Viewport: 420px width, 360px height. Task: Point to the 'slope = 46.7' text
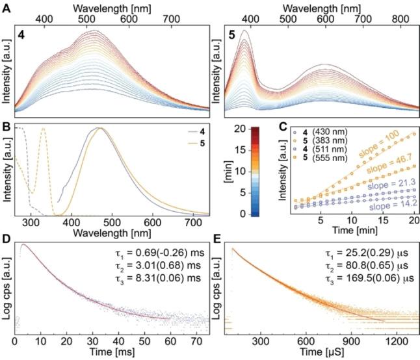(384, 170)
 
